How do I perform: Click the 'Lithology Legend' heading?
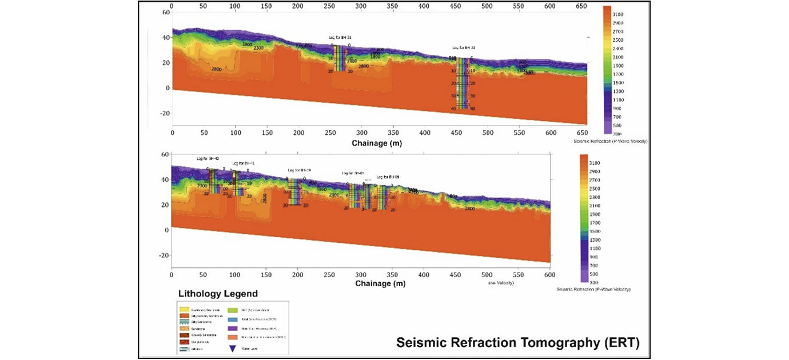tap(218, 294)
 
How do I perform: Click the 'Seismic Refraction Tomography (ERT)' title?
tap(519, 343)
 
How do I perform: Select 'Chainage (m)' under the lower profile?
tap(380, 283)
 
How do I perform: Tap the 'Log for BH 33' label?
tap(464, 48)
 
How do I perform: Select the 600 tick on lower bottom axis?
tap(549, 275)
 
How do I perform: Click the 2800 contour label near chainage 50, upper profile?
tap(216, 69)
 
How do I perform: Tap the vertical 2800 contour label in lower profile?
tap(264, 198)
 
